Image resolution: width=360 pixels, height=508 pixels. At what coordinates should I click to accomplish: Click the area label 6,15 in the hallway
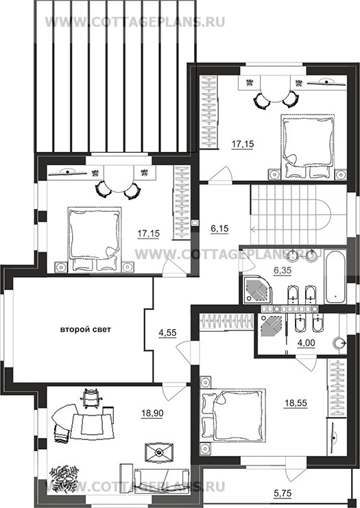(219, 229)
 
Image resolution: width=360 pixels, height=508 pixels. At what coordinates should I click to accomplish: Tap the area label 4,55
(167, 333)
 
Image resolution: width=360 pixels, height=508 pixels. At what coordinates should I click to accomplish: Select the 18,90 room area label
(152, 413)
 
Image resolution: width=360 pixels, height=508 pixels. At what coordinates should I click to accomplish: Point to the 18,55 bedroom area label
(296, 403)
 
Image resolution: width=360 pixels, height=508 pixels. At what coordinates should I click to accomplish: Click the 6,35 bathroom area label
(283, 271)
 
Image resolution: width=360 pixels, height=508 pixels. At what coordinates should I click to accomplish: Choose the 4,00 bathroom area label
(306, 343)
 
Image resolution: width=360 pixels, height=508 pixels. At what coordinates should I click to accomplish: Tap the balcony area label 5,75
(283, 493)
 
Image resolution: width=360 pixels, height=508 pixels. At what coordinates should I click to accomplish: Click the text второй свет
(86, 330)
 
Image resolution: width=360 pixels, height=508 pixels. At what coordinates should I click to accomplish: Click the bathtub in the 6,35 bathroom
(336, 277)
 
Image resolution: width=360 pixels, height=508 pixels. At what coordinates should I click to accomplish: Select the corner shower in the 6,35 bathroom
(258, 290)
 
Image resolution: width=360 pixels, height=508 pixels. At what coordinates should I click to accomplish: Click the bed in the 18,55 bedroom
(233, 415)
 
